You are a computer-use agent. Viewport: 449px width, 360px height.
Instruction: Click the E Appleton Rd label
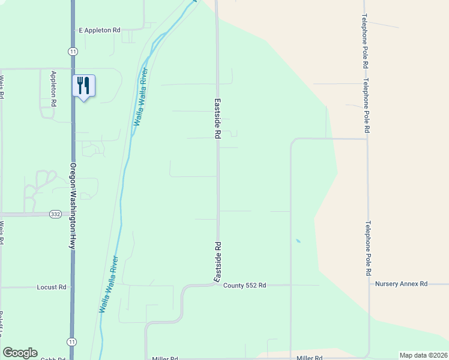point(100,29)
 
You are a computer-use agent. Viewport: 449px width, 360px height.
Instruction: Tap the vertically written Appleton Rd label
point(53,89)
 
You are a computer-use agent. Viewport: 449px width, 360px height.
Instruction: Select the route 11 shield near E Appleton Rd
point(73,52)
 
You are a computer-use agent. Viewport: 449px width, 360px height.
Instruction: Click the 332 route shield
point(55,214)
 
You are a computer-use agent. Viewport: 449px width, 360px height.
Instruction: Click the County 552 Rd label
point(244,286)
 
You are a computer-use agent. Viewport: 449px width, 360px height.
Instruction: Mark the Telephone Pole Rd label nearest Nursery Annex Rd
point(368,248)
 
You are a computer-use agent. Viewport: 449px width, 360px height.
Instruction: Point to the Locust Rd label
point(51,287)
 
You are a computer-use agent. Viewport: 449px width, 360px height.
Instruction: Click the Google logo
point(20,353)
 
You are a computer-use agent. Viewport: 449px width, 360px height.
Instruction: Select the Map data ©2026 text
point(423,355)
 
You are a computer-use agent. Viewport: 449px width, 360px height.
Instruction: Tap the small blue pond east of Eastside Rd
point(298,241)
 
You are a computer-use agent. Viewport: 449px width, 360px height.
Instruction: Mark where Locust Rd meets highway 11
point(73,287)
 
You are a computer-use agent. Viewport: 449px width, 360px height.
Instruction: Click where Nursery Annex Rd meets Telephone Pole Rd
point(369,284)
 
